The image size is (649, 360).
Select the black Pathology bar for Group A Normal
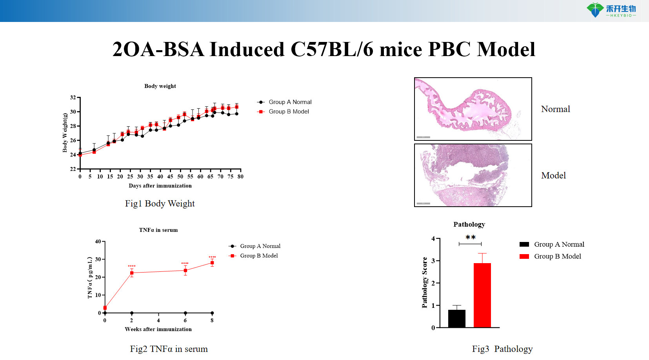[456, 318]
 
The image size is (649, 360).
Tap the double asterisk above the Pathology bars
[471, 238]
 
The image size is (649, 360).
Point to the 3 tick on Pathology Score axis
[433, 261]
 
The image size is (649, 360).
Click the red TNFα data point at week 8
[212, 263]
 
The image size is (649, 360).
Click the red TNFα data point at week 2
[132, 273]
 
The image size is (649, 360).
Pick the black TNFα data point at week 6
[185, 313]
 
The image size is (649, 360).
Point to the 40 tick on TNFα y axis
[98, 242]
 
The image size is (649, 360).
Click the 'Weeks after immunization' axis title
[158, 329]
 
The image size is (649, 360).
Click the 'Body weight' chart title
[160, 86]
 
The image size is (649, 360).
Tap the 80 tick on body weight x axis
[240, 176]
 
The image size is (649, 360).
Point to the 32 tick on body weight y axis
[73, 97]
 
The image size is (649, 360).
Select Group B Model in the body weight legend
[289, 111]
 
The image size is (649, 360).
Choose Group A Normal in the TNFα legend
[260, 246]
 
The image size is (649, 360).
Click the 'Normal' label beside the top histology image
[555, 109]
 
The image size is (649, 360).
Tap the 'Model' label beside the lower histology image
[553, 175]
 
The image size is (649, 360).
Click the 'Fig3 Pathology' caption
[502, 349]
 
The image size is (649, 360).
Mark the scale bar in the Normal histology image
[423, 137]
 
